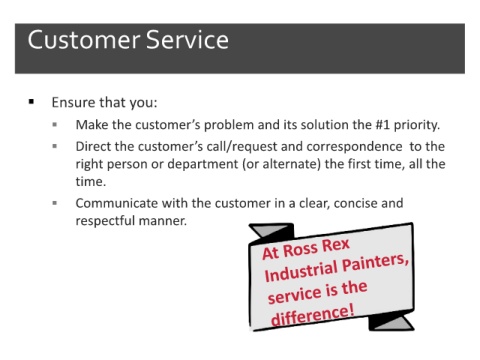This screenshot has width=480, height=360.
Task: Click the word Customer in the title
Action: [84, 40]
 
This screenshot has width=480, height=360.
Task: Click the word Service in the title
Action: [187, 40]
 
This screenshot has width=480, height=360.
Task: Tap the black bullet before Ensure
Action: [32, 101]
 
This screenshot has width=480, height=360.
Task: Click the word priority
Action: [417, 125]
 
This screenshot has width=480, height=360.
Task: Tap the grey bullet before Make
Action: [55, 125]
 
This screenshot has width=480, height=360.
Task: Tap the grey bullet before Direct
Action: [55, 146]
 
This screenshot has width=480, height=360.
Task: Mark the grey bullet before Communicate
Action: [55, 203]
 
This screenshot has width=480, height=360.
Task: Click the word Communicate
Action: [117, 203]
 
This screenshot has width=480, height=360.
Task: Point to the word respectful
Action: [105, 221]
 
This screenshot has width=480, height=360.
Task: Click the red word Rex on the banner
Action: [336, 246]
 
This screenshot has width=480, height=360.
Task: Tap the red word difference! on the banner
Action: [313, 315]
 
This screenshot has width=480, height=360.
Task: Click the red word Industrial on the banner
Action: [301, 272]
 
